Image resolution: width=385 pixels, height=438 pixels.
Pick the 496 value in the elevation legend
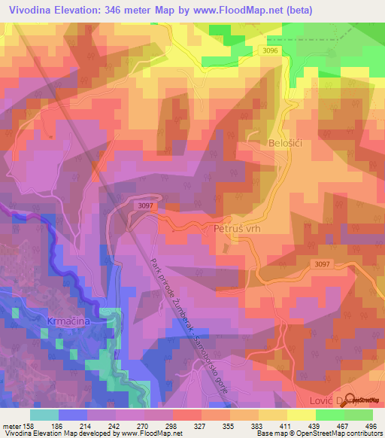pyautogui.click(x=371, y=426)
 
